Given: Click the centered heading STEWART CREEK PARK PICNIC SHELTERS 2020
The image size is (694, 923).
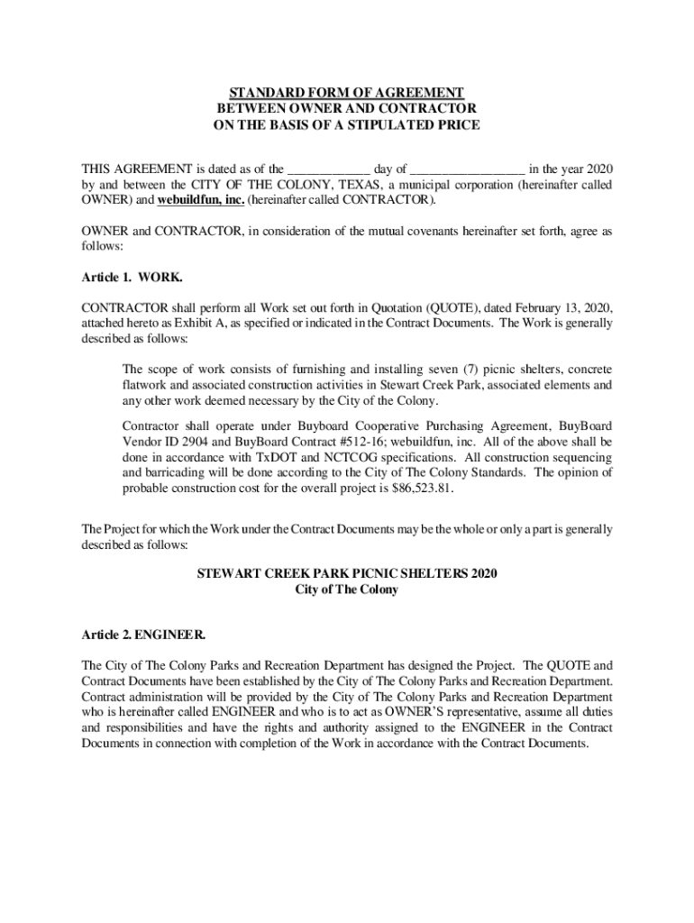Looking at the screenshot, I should coord(346,574).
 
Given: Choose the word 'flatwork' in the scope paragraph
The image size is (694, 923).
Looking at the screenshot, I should coord(146,385).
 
